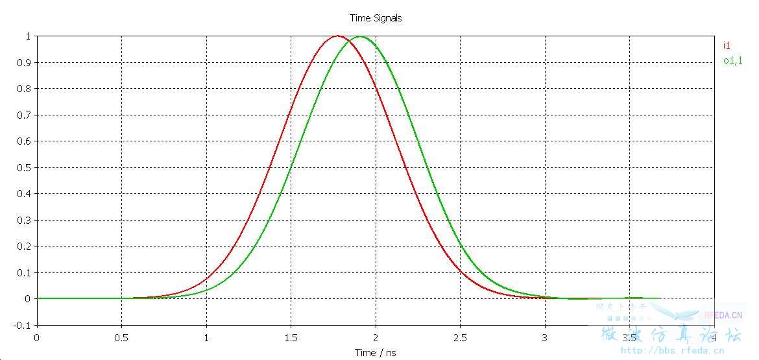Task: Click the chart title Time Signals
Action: tap(376, 18)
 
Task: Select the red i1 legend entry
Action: tap(727, 45)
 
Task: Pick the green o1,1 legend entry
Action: tap(733, 61)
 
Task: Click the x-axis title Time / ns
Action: tap(375, 353)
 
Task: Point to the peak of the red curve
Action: tap(337, 36)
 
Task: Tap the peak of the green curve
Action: tap(360, 36)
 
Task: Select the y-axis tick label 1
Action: tap(28, 36)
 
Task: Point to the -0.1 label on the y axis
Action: tap(23, 325)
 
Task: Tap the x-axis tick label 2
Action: tap(376, 337)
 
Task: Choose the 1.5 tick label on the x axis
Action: tap(291, 337)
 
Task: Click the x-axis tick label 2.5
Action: tap(460, 337)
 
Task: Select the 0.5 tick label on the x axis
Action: tap(121, 337)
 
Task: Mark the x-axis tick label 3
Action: tap(545, 337)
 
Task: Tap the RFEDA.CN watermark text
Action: tap(723, 316)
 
